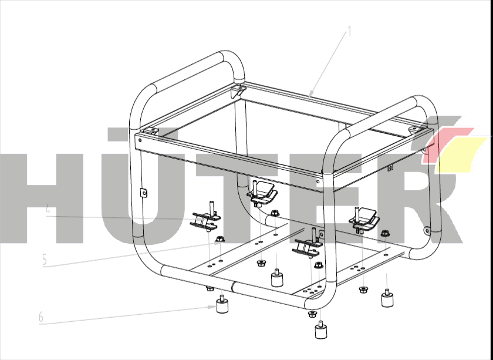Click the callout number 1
349,31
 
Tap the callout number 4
48,209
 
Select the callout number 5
45,260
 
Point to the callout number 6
41,317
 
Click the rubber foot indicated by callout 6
222,305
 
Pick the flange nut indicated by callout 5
220,240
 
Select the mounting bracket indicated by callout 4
205,218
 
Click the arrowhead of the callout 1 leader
310,94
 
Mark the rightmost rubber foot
387,298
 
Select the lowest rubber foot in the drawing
320,330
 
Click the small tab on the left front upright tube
143,193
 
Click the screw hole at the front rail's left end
140,140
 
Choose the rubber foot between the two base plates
276,278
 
